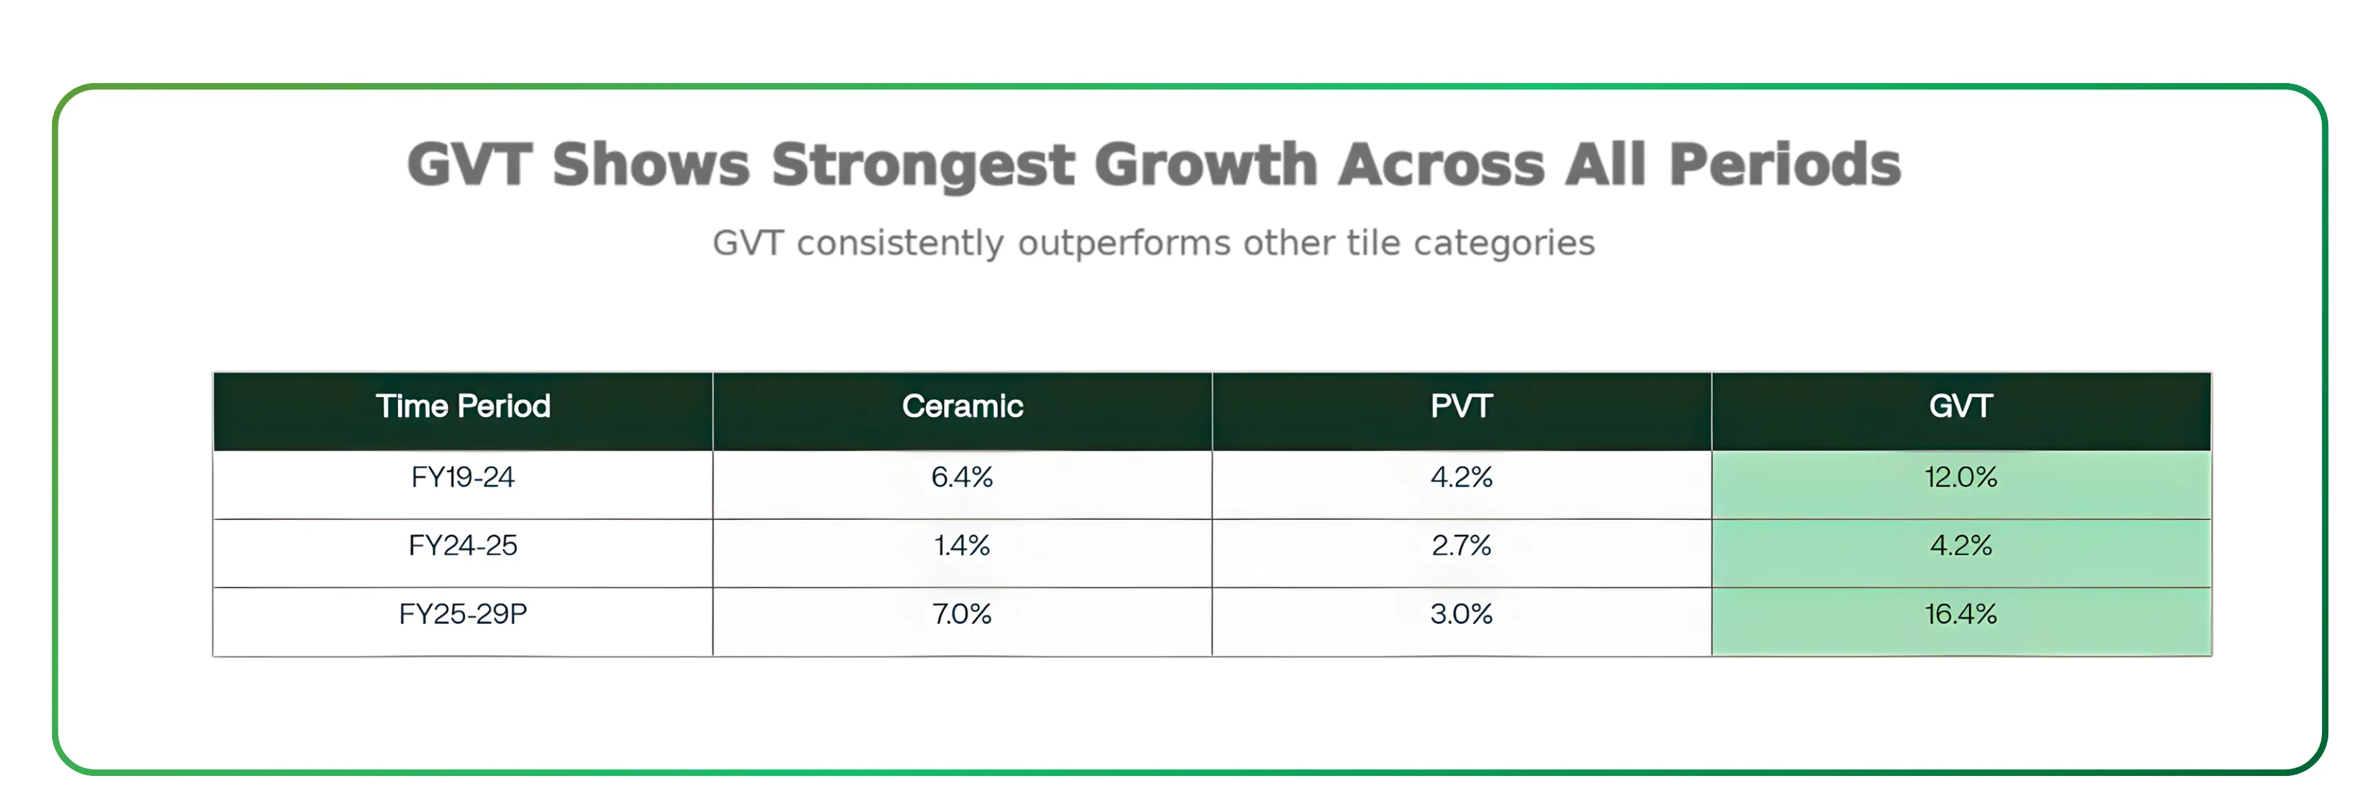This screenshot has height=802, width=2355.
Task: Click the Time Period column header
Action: (463, 406)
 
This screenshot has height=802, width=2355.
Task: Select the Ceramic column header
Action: (962, 406)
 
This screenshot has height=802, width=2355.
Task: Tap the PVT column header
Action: (1461, 406)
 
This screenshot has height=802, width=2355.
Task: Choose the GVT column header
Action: (1960, 406)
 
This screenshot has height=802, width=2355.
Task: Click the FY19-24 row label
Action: (463, 477)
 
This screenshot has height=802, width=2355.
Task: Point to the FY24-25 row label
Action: (463, 546)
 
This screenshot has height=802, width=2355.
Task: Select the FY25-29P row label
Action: (463, 613)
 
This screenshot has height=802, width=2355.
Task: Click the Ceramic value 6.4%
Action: (962, 477)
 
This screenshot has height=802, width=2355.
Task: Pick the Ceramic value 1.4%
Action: (962, 546)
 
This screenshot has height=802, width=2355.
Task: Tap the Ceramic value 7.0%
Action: (962, 613)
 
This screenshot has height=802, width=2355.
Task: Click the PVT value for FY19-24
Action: (1461, 477)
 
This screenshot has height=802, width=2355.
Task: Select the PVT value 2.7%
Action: (1461, 546)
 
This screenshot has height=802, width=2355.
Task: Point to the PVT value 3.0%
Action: (1461, 613)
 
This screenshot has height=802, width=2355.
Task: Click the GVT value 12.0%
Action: (1960, 477)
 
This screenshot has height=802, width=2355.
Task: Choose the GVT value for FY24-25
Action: (1960, 546)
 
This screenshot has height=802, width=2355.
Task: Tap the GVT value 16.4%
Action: (1960, 613)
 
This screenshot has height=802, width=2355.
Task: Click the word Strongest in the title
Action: (923, 165)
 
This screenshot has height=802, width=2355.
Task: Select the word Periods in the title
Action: (1785, 165)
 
